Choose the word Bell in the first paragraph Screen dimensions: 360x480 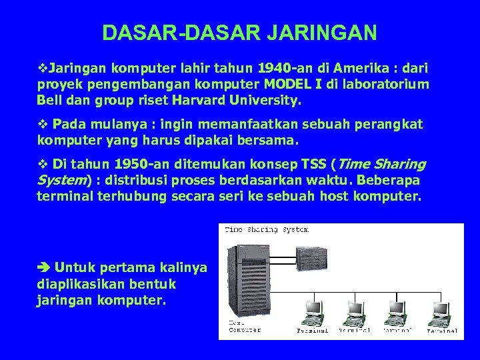click(49, 101)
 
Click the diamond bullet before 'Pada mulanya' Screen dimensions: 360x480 click(42, 125)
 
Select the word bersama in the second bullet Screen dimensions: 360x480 click(273, 141)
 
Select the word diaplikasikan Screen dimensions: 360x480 click(76, 284)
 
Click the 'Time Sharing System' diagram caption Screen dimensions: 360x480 click(267, 230)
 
